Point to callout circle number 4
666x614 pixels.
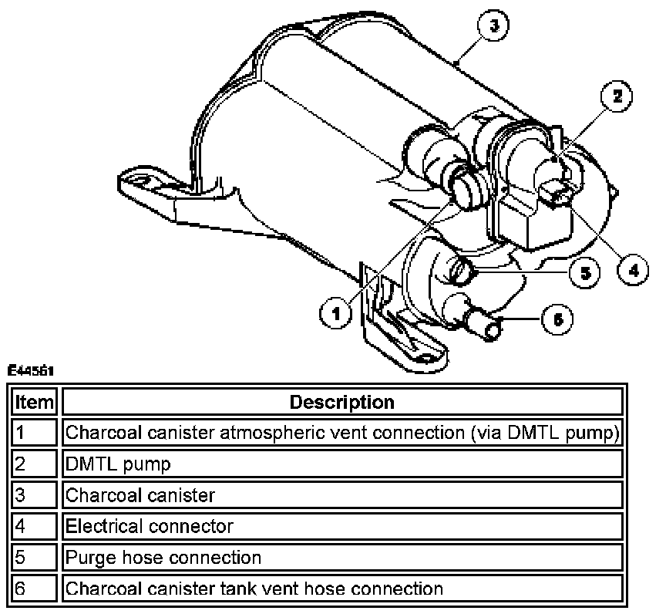(x=633, y=269)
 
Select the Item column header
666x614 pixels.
(x=34, y=402)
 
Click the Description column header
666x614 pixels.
(x=341, y=402)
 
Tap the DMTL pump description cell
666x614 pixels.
(x=341, y=464)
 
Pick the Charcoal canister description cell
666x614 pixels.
(x=341, y=494)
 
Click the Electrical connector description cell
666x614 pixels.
(x=341, y=526)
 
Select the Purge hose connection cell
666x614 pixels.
(x=341, y=557)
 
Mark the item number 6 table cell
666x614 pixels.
(x=34, y=589)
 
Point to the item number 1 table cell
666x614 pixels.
(x=34, y=433)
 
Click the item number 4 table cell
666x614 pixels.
(x=34, y=526)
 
